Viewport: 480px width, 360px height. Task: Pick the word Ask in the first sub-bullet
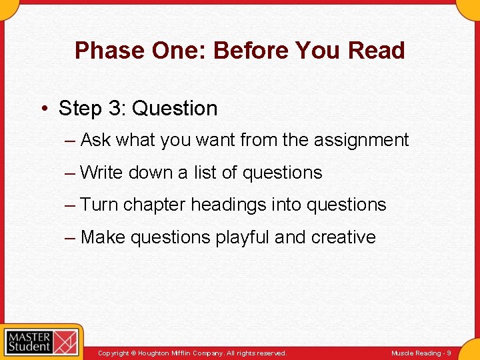(95, 141)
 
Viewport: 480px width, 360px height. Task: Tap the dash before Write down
(70, 173)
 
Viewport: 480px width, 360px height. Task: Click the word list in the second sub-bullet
(205, 173)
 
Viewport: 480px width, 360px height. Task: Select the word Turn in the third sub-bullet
(99, 205)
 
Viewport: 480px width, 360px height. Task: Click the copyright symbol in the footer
(133, 353)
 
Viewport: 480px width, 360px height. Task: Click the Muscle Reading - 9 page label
(421, 353)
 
